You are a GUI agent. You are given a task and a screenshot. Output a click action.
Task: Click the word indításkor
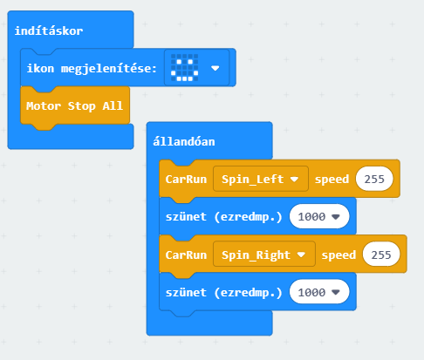click(49, 31)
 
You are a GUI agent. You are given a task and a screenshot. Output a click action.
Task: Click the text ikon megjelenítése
click(92, 69)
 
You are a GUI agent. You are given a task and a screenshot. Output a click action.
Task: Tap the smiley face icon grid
click(184, 67)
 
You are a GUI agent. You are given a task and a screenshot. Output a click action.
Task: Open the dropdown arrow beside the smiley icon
click(215, 68)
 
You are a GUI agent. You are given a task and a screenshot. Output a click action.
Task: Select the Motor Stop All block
click(75, 106)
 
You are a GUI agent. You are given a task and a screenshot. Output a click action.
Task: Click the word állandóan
click(184, 141)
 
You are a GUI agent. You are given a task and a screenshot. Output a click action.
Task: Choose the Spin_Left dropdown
click(261, 179)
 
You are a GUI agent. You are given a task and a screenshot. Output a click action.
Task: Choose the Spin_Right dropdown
click(264, 255)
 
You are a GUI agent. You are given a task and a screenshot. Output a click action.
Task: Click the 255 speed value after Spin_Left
click(374, 179)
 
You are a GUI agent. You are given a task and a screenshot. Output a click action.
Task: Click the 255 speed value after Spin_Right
click(381, 255)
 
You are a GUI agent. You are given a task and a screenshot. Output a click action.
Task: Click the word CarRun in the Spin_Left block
click(186, 180)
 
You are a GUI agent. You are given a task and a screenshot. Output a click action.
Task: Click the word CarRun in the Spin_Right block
click(186, 255)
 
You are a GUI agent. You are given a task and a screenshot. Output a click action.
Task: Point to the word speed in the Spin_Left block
click(332, 180)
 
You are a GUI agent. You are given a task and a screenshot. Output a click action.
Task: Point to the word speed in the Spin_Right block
click(339, 255)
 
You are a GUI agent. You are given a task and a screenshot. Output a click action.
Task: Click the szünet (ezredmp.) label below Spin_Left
click(223, 217)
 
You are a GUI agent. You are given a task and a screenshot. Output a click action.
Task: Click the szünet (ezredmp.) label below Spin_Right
click(223, 293)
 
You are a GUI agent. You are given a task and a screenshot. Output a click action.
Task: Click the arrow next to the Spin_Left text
click(294, 179)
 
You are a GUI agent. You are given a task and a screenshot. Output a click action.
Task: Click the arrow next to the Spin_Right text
click(301, 255)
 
